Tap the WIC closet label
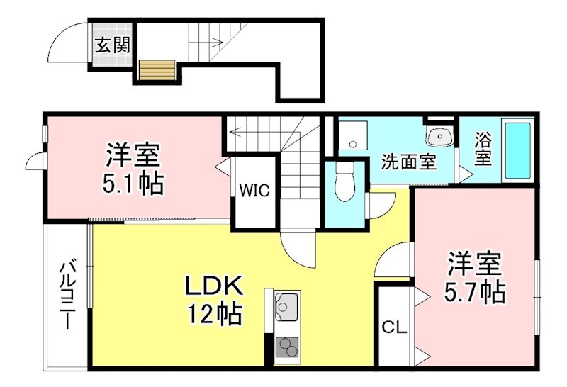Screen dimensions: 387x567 [x=253, y=191]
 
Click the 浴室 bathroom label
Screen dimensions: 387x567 [x=482, y=149]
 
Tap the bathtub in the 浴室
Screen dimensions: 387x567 [x=517, y=151]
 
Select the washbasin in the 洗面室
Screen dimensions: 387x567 [x=440, y=136]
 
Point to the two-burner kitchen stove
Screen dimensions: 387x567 [x=286, y=347]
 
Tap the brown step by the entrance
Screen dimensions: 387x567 [x=157, y=70]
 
